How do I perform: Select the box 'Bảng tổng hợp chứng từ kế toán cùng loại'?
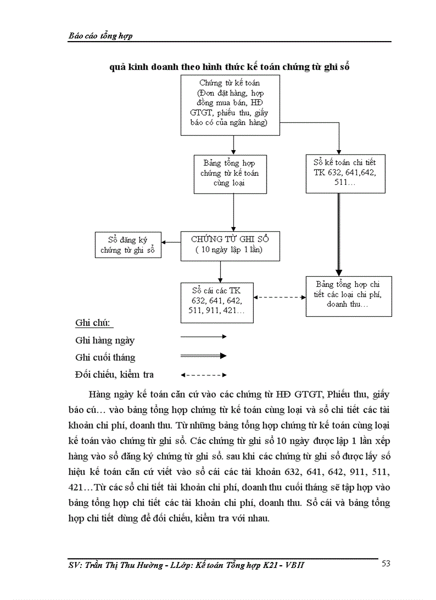(230, 174)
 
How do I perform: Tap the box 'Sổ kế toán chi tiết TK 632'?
(345, 174)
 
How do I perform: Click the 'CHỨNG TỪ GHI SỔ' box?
(230, 246)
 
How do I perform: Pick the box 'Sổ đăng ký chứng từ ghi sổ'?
(128, 245)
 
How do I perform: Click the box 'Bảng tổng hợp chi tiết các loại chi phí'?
(349, 296)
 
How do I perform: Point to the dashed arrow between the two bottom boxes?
(279, 297)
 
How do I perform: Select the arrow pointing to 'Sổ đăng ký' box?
(172, 243)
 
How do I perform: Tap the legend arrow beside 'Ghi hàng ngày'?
(204, 337)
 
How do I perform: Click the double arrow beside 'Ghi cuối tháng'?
(204, 356)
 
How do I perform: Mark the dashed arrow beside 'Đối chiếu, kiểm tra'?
(204, 375)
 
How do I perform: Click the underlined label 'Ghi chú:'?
(95, 323)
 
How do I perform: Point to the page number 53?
(386, 564)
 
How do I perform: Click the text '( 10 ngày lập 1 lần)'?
(230, 251)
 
